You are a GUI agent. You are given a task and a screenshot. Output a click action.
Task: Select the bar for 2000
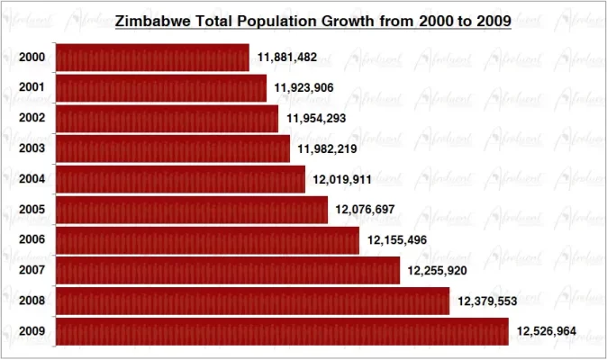[x=152, y=58]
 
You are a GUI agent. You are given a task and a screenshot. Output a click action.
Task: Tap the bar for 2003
[x=173, y=148]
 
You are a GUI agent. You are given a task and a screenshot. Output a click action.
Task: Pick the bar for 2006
[x=208, y=240]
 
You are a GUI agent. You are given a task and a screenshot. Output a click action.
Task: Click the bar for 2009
[x=282, y=331]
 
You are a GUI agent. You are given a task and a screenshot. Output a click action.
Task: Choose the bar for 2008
[x=252, y=301]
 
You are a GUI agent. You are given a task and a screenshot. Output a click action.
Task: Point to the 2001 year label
[x=32, y=88]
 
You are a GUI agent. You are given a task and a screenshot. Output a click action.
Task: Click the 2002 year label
[x=32, y=119]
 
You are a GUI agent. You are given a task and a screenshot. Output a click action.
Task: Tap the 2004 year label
[x=32, y=179]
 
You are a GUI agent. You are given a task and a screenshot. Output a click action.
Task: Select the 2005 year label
[x=32, y=210]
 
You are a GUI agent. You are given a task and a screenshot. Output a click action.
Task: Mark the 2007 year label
[x=32, y=270]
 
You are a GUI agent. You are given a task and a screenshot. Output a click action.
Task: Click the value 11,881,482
[x=287, y=58]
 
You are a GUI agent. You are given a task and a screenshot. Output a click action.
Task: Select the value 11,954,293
[x=316, y=119]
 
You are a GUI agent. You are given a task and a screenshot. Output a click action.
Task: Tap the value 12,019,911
[x=343, y=179]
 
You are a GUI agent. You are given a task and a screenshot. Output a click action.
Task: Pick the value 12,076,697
[x=366, y=210]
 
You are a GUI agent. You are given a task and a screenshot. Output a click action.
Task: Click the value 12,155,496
[x=397, y=240]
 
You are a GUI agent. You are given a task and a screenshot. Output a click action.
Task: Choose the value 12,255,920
[x=437, y=270]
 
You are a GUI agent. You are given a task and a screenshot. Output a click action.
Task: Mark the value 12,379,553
[x=487, y=301]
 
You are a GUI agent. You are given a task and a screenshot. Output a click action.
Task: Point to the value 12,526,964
[x=547, y=331]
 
